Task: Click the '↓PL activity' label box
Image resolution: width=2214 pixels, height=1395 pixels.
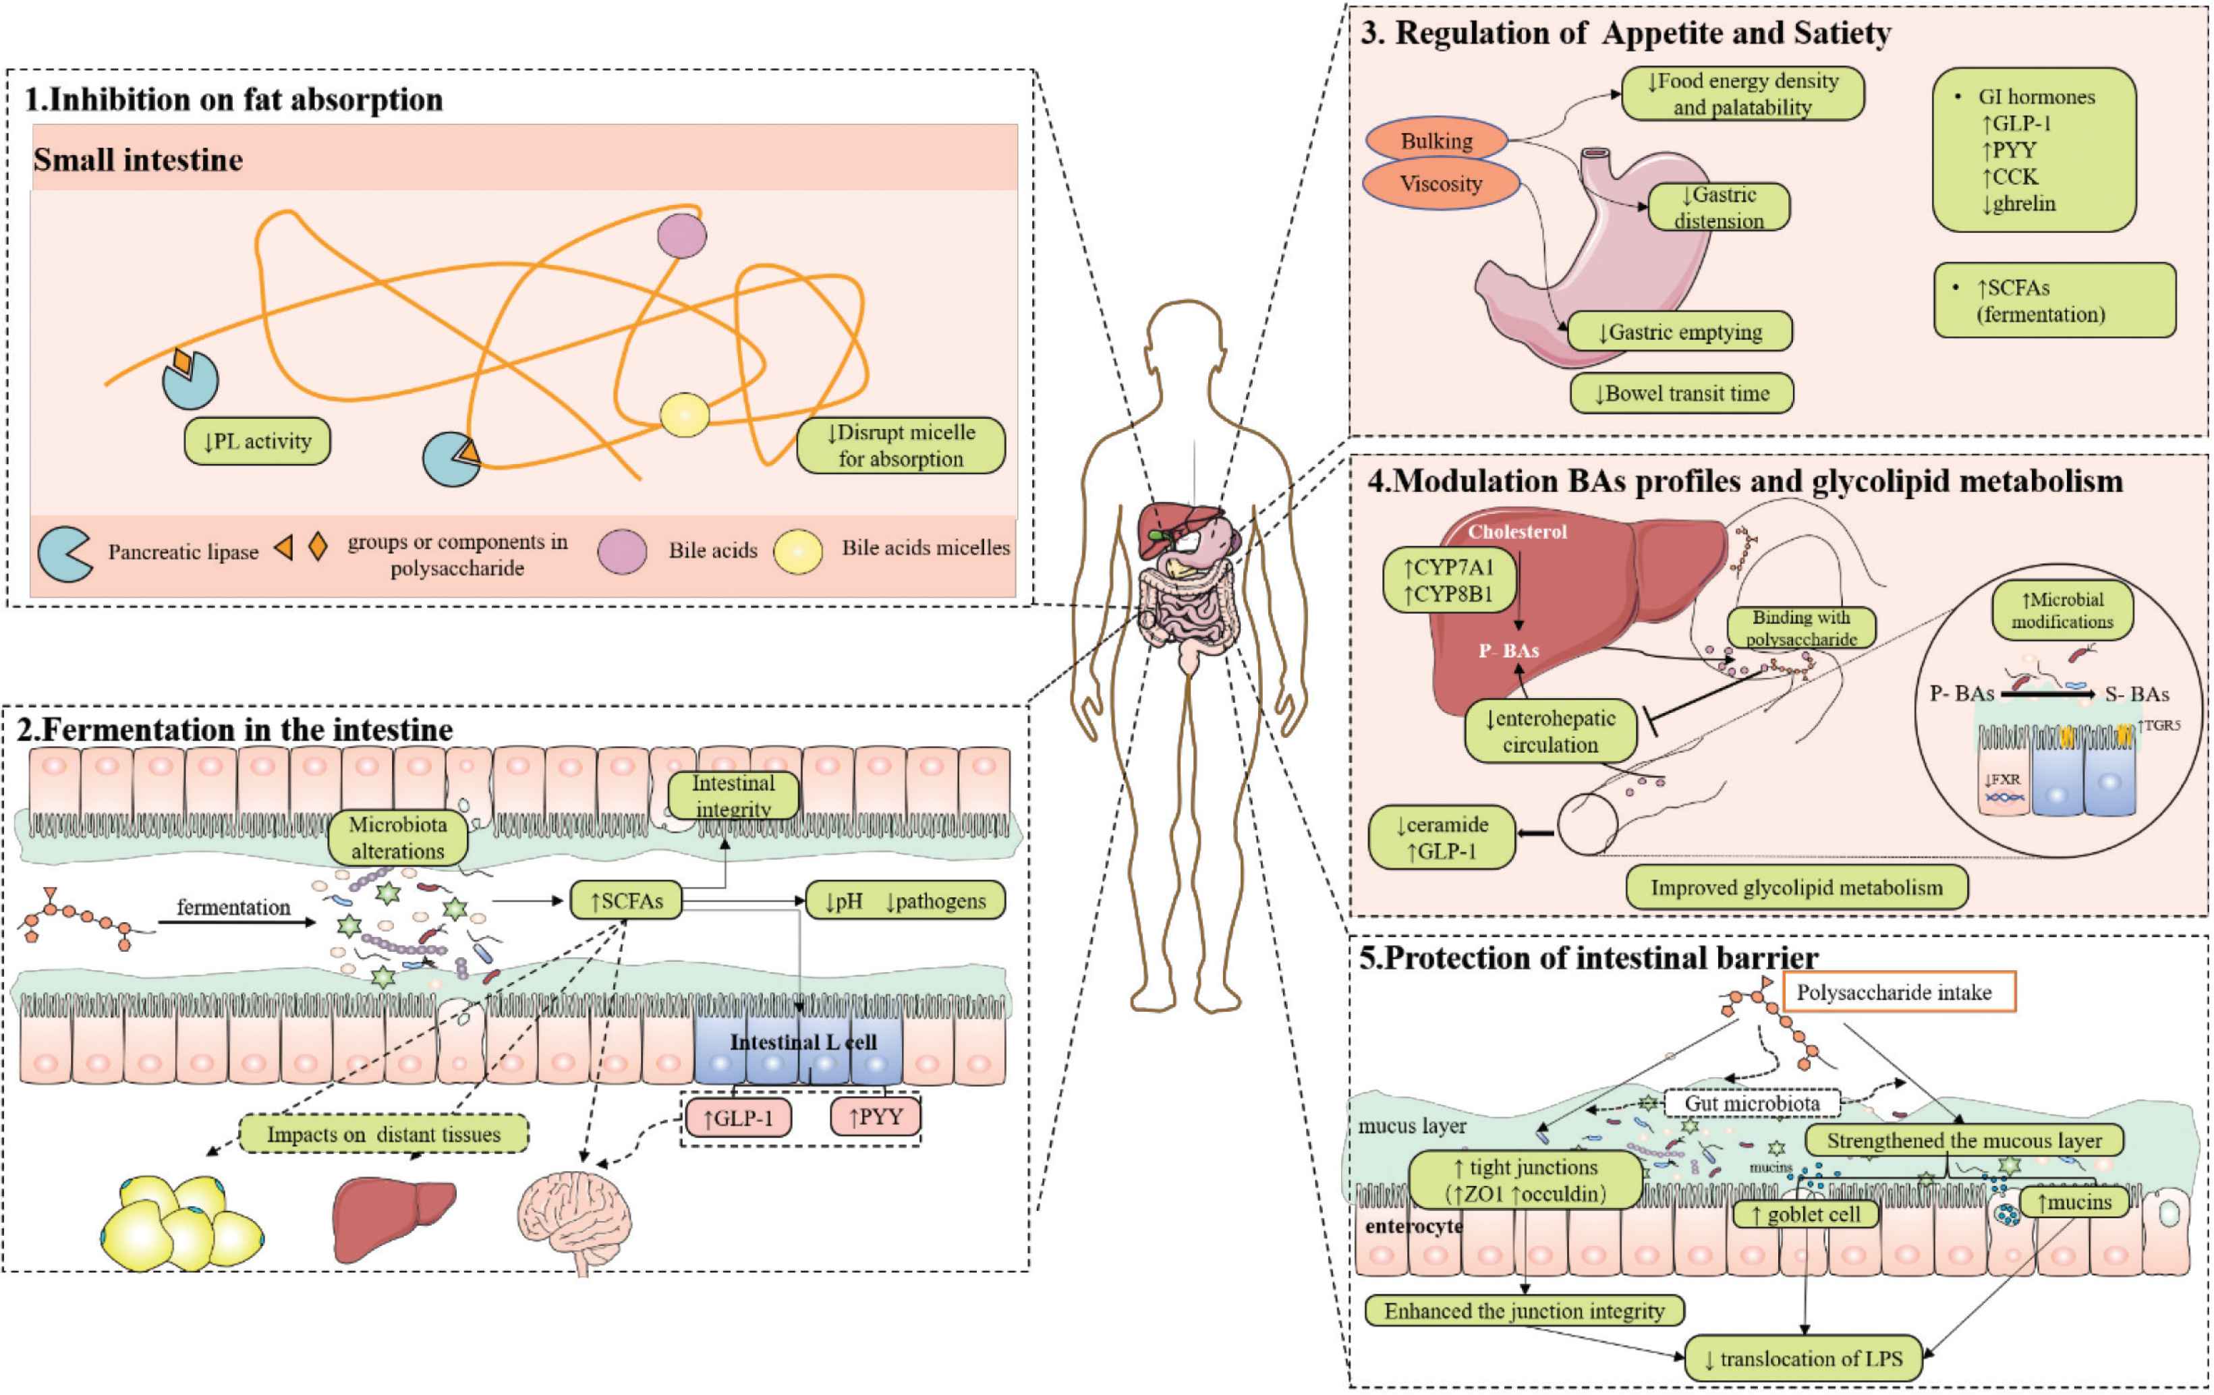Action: (x=256, y=441)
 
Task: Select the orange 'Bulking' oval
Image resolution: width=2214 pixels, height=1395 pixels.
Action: (x=1436, y=141)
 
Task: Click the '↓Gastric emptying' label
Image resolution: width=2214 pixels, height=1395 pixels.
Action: (x=1679, y=332)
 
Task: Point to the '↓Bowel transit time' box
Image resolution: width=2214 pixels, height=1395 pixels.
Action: (x=1682, y=393)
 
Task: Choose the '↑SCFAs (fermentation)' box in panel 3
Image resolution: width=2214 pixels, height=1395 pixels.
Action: (x=2054, y=301)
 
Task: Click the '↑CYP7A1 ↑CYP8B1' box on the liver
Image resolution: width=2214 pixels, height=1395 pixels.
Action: (x=1448, y=581)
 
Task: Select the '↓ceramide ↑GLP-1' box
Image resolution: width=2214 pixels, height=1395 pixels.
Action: (x=1441, y=838)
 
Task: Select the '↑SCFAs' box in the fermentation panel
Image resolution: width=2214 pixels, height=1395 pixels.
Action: (x=625, y=901)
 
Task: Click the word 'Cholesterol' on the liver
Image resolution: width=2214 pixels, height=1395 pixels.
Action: (x=1517, y=532)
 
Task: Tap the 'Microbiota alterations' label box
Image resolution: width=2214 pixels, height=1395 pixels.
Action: (x=397, y=837)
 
